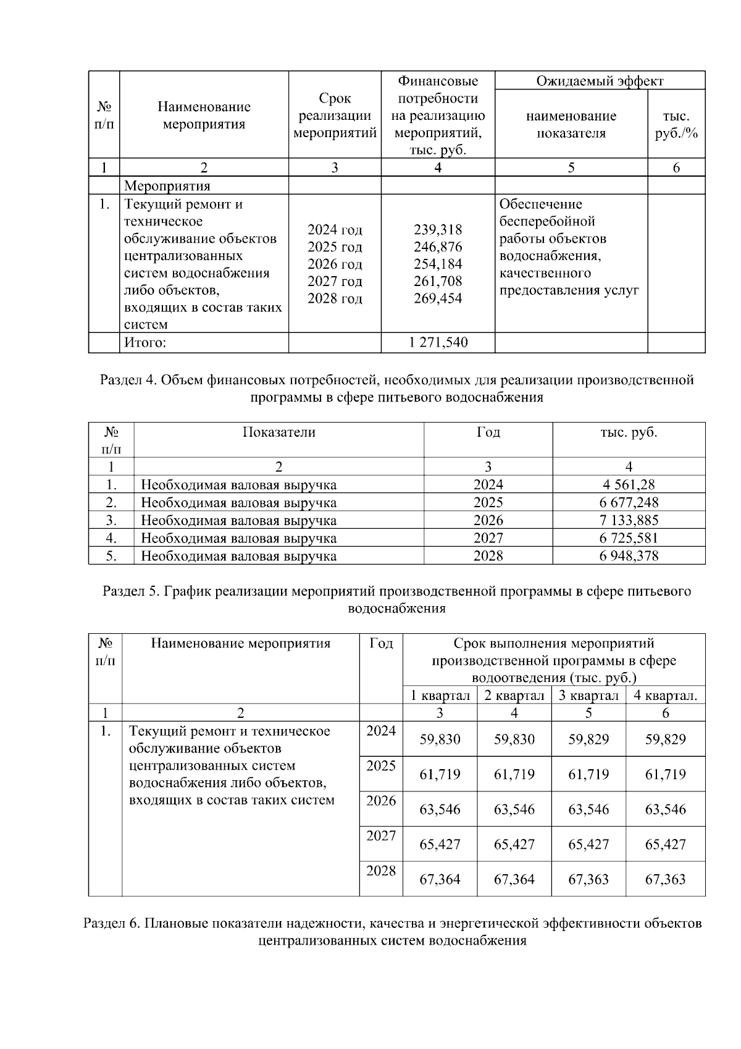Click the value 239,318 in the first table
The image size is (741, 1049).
pyautogui.click(x=437, y=230)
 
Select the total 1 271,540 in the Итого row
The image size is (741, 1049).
pyautogui.click(x=438, y=342)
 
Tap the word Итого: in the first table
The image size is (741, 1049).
pyautogui.click(x=145, y=342)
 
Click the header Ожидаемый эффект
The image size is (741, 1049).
pyautogui.click(x=600, y=81)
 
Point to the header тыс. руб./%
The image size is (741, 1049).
pyautogui.click(x=676, y=124)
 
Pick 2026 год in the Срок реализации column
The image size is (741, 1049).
pyautogui.click(x=335, y=264)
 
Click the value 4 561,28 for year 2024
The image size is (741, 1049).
pyautogui.click(x=629, y=485)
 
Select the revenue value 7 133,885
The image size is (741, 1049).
pyautogui.click(x=629, y=520)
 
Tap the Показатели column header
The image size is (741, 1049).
pyautogui.click(x=278, y=432)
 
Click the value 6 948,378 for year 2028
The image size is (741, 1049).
pyautogui.click(x=629, y=556)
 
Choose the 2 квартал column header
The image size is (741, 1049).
pyautogui.click(x=514, y=696)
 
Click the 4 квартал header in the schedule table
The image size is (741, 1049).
pyautogui.click(x=665, y=696)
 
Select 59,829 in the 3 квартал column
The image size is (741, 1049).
pyautogui.click(x=588, y=739)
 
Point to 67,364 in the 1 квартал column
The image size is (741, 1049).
pyautogui.click(x=440, y=880)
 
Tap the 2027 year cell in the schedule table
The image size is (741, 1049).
pyautogui.click(x=381, y=836)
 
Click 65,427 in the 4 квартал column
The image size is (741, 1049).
pyautogui.click(x=665, y=845)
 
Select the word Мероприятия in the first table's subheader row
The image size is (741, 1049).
pyautogui.click(x=167, y=186)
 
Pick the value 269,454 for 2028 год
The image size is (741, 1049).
pyautogui.click(x=437, y=299)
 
